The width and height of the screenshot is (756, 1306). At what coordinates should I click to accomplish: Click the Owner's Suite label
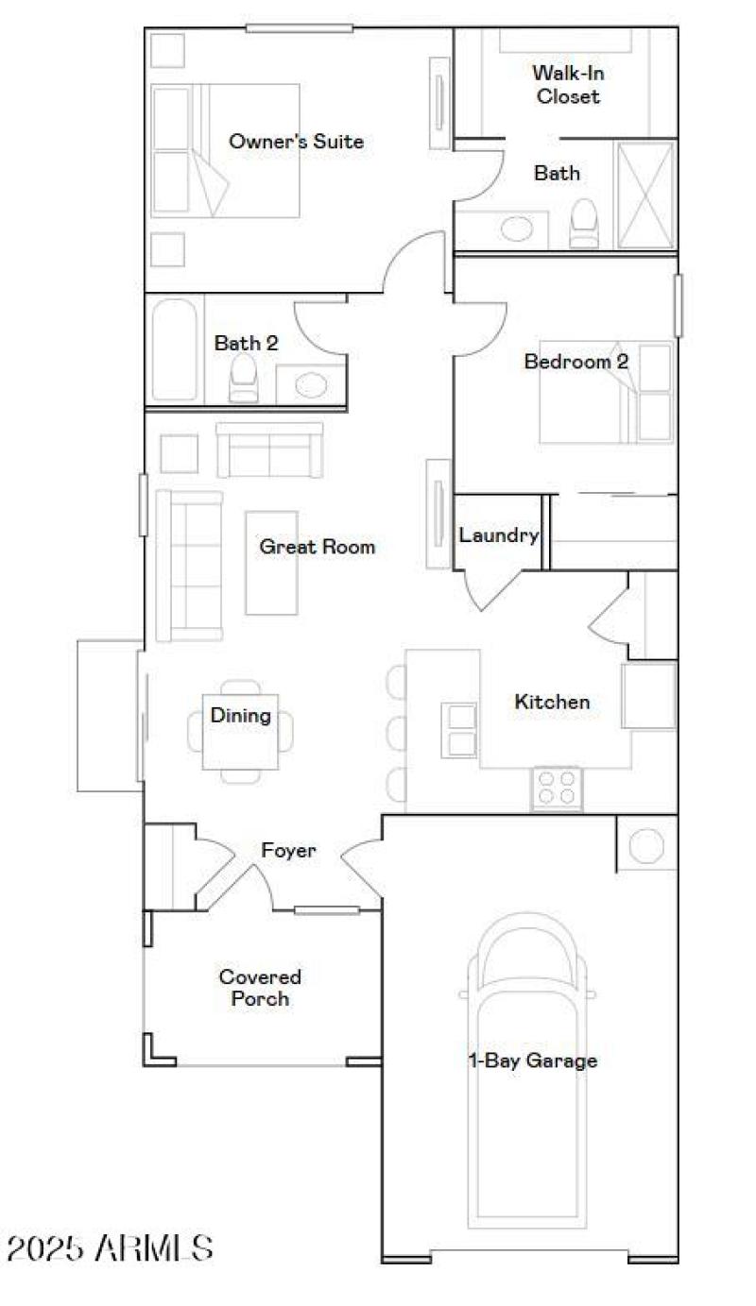coord(296,142)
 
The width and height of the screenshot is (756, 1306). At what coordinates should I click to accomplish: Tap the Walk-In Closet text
coord(567,84)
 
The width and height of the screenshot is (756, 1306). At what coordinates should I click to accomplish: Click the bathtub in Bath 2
coord(175,350)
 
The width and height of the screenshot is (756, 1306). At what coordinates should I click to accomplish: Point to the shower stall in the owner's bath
coord(645,195)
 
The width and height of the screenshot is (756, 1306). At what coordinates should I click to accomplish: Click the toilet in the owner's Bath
coord(585,224)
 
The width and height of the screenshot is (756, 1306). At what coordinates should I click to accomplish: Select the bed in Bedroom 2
coord(605,392)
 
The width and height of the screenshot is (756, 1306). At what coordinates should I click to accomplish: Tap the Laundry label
coord(498,535)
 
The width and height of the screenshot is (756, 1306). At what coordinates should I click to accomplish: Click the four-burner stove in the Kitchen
coord(556,788)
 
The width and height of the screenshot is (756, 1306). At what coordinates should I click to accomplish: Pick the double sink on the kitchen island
coord(460,730)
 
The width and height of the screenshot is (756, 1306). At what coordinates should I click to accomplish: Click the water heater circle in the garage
coord(647,845)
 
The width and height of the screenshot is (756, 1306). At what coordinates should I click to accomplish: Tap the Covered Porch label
coord(260,988)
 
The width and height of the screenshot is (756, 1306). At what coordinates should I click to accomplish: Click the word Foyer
coord(288,851)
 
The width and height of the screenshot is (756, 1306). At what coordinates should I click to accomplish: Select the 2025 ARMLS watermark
coord(110,1248)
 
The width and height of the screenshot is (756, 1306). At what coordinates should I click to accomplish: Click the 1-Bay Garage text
coord(533,1060)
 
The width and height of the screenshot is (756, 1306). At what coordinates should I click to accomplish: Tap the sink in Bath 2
coord(310,384)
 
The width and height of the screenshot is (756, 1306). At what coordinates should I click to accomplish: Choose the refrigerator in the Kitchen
coord(649,696)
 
